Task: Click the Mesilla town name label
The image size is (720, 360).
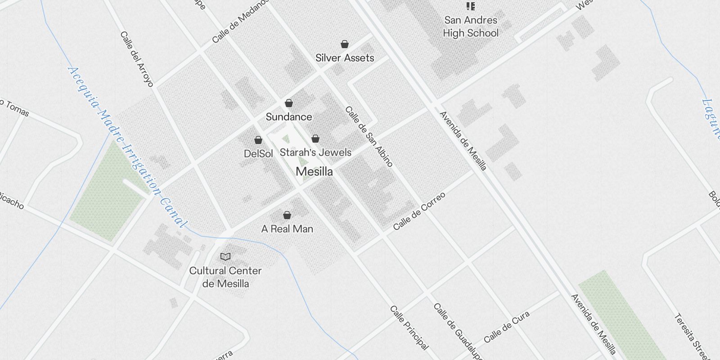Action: (x=314, y=171)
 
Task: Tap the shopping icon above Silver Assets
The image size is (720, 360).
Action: (x=345, y=44)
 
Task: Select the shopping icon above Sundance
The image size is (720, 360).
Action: (x=289, y=103)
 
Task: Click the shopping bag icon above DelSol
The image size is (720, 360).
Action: (x=258, y=140)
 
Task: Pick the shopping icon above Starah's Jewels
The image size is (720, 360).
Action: (x=315, y=138)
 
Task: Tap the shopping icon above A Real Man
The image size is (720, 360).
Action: (x=287, y=215)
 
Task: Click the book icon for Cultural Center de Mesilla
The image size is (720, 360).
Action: (x=225, y=256)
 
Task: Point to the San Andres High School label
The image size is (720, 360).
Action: (x=471, y=27)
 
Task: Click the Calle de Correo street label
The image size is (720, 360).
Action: (x=419, y=211)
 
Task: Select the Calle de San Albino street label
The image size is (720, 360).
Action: (x=369, y=136)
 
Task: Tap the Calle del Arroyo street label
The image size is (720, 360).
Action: (x=137, y=59)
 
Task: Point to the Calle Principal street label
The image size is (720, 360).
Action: (x=409, y=328)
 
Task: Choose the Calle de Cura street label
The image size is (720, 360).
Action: (x=507, y=327)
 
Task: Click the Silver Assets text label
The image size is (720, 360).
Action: (x=345, y=58)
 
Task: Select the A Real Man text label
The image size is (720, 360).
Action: (x=287, y=229)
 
